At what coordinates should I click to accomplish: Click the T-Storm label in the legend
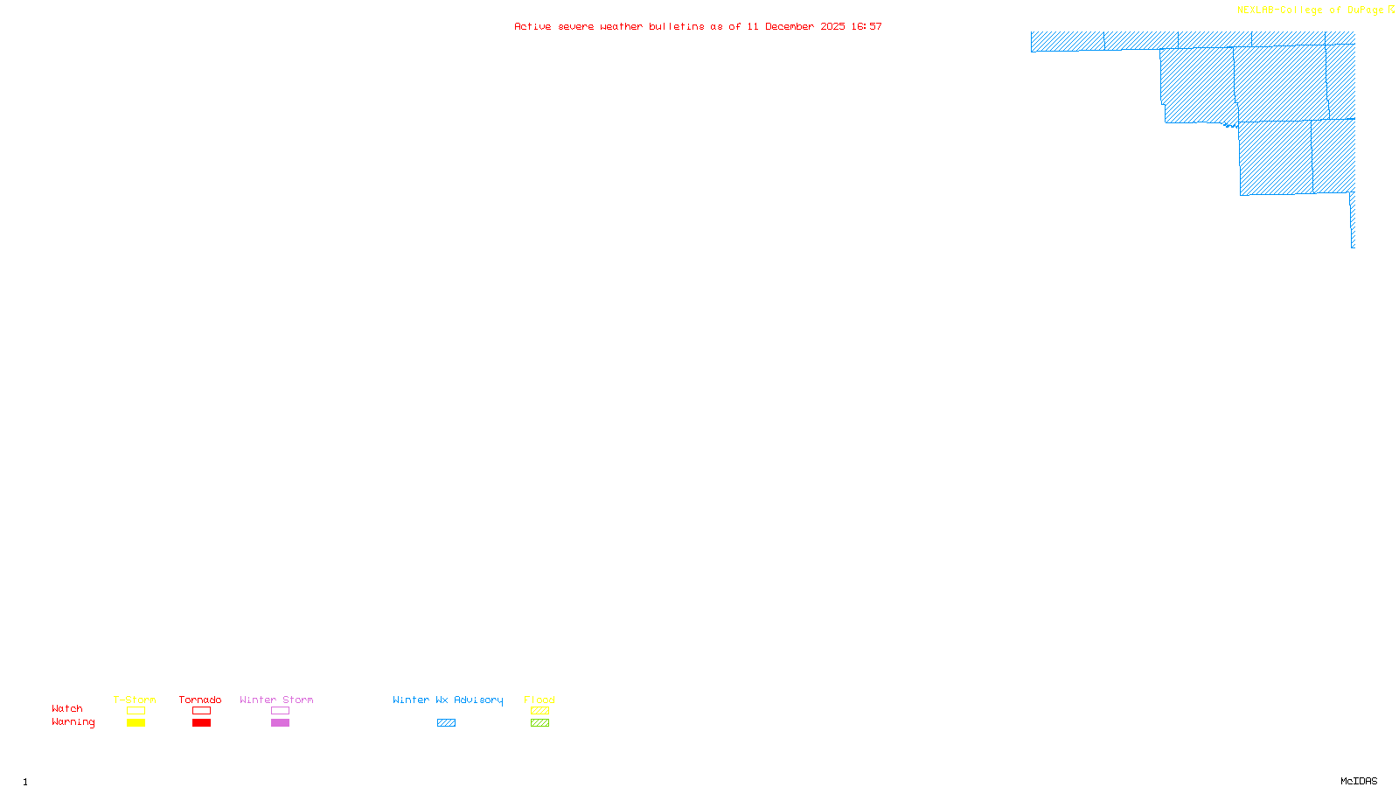(x=135, y=700)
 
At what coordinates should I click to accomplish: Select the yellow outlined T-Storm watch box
(x=136, y=711)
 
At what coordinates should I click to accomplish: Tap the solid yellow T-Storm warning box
(x=136, y=723)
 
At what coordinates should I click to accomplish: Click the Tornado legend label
(x=200, y=700)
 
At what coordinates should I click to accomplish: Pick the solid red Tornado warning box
(x=201, y=723)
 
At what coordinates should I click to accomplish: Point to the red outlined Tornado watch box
(x=201, y=711)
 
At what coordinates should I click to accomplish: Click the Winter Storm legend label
(x=276, y=700)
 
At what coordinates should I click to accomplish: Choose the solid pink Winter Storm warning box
(x=280, y=723)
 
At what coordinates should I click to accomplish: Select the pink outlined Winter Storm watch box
(x=280, y=711)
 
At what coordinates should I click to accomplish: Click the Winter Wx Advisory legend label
(x=448, y=700)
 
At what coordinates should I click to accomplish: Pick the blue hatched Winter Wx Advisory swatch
(x=446, y=723)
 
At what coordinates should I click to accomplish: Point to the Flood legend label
(x=539, y=700)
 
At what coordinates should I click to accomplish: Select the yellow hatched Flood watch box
(x=539, y=711)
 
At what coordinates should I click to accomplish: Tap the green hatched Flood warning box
(x=539, y=723)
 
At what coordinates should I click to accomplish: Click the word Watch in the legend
(x=67, y=708)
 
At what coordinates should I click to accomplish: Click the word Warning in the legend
(x=73, y=722)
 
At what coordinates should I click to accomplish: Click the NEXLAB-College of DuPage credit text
(x=1311, y=10)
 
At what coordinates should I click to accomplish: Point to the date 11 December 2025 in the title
(x=796, y=26)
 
